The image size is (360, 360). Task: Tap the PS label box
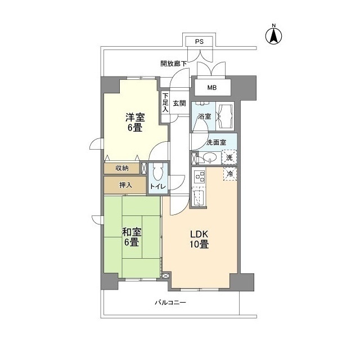coord(199,42)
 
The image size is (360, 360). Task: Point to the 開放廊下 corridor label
coord(174,64)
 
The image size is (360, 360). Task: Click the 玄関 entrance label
coord(179,103)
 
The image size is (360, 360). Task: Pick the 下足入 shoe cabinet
coord(165,103)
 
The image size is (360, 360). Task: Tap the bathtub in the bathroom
coord(227,116)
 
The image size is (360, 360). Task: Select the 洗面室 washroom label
coord(216,142)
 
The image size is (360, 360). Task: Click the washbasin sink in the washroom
coord(209,157)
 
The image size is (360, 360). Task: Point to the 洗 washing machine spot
coord(229,157)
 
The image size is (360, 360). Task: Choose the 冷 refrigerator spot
coord(230,174)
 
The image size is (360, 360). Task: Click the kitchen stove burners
coord(199,177)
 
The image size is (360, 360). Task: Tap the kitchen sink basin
coord(199,197)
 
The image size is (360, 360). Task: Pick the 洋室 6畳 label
coord(134,122)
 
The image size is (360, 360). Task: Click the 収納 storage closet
coord(122,168)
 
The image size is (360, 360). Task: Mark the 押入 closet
coord(125,185)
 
